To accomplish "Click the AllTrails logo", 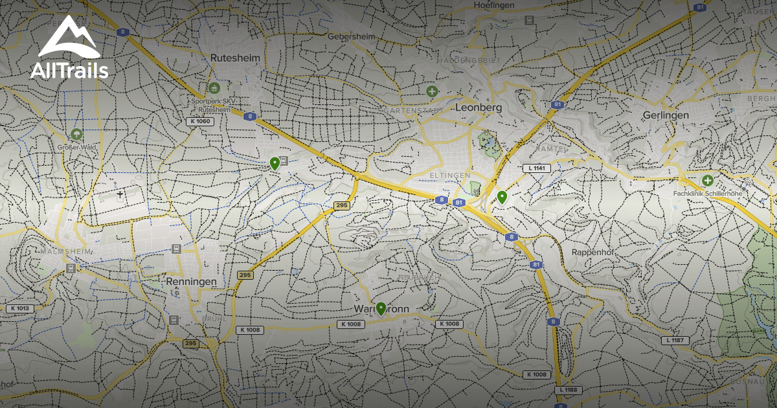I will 69,48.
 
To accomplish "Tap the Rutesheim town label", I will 235,58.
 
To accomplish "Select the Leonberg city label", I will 479,107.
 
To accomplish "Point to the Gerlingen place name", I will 666,115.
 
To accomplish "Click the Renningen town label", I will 190,282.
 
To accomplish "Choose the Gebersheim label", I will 352,37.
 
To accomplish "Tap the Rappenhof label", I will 592,252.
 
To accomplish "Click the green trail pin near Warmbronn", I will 381,309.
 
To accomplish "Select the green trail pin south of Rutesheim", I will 275,163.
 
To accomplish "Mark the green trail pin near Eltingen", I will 502,197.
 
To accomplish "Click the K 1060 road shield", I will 199,121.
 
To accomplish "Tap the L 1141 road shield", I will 535,168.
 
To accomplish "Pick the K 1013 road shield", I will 19,308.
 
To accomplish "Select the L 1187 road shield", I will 675,340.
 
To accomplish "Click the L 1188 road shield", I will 569,390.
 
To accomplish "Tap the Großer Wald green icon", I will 76,135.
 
